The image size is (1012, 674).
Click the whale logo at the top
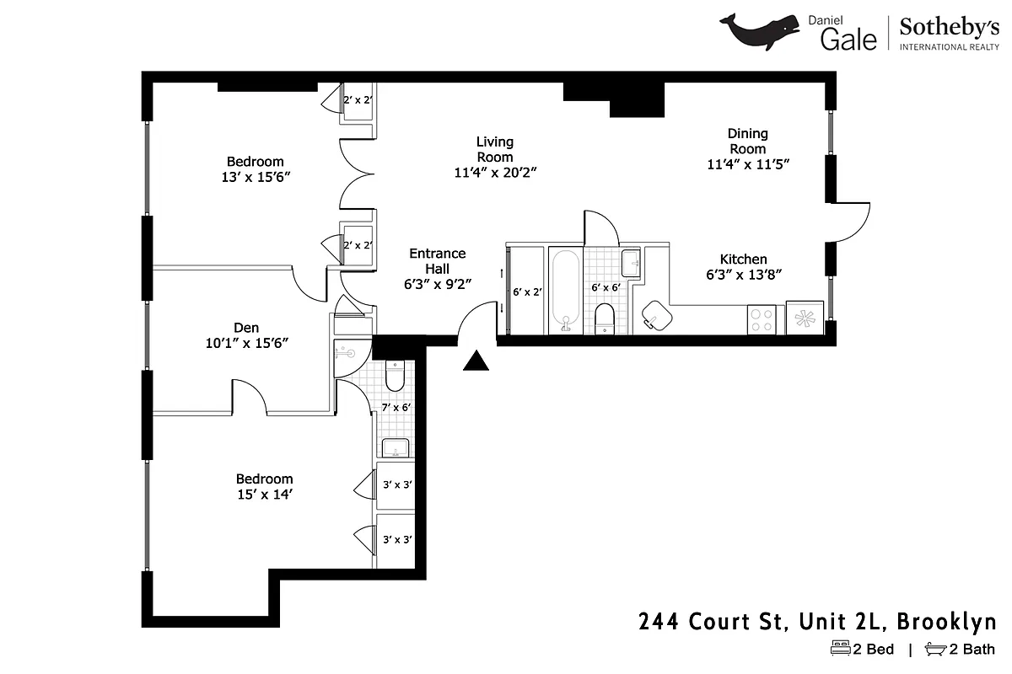(760, 31)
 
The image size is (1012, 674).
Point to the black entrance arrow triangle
(477, 361)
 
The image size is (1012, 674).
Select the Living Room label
(494, 149)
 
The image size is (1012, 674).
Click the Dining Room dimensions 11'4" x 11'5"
(748, 164)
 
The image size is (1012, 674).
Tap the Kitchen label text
(743, 259)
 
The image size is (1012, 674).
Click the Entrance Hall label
(437, 260)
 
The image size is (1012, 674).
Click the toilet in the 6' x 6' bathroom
(605, 318)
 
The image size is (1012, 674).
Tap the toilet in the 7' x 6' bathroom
(396, 376)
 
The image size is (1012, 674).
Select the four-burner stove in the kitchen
(762, 318)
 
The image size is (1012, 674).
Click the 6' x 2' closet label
(527, 292)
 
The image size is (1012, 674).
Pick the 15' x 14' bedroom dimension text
(264, 495)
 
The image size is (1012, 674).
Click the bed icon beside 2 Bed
(840, 649)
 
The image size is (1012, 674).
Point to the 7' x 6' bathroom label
(396, 408)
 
